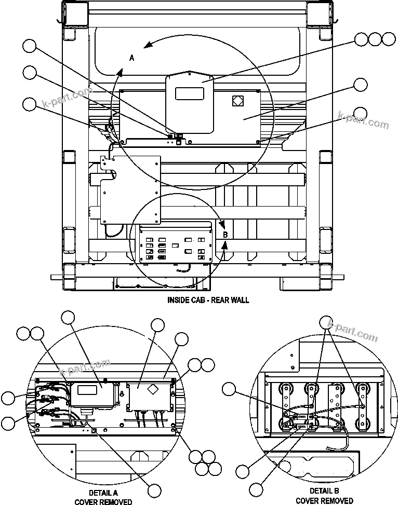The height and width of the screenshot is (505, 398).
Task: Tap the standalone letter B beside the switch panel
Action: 225,235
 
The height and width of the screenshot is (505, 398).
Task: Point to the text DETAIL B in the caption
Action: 325,491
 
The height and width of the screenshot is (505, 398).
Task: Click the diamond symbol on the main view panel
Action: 237,101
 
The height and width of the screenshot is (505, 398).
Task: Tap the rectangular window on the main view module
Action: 189,94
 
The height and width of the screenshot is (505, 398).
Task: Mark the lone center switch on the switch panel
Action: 176,242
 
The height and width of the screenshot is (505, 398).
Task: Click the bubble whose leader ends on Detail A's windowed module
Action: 69,317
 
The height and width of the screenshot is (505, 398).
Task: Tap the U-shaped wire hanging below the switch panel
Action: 184,270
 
